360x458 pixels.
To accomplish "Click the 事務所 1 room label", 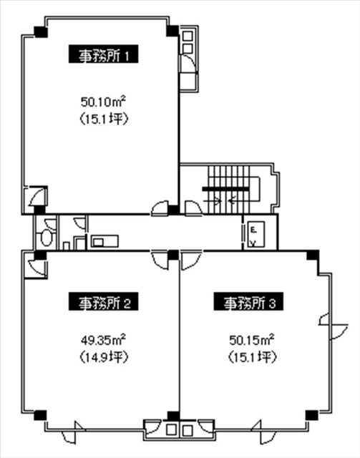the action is [104, 54].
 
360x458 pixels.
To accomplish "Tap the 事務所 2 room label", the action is [104, 301].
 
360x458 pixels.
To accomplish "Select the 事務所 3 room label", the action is [248, 301].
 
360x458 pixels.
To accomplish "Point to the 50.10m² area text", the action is [104, 102].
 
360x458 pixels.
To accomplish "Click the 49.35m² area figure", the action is [104, 340].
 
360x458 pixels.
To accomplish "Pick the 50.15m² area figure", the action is [252, 340].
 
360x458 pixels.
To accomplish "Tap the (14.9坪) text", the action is [104, 356].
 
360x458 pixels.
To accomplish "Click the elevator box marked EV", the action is [256, 234].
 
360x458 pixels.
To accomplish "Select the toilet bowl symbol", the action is [46, 237].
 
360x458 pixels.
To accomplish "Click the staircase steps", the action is [228, 189].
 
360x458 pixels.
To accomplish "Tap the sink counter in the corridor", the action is [104, 241].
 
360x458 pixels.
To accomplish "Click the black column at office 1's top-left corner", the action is [41, 31].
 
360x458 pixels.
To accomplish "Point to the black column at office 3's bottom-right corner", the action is [312, 415].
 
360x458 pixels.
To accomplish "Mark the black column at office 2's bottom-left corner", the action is [40, 415].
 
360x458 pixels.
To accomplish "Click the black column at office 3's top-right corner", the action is [313, 255].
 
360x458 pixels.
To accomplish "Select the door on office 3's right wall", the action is [333, 326].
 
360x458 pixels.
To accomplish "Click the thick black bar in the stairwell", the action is [225, 189].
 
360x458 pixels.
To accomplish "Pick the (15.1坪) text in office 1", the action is [104, 119].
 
